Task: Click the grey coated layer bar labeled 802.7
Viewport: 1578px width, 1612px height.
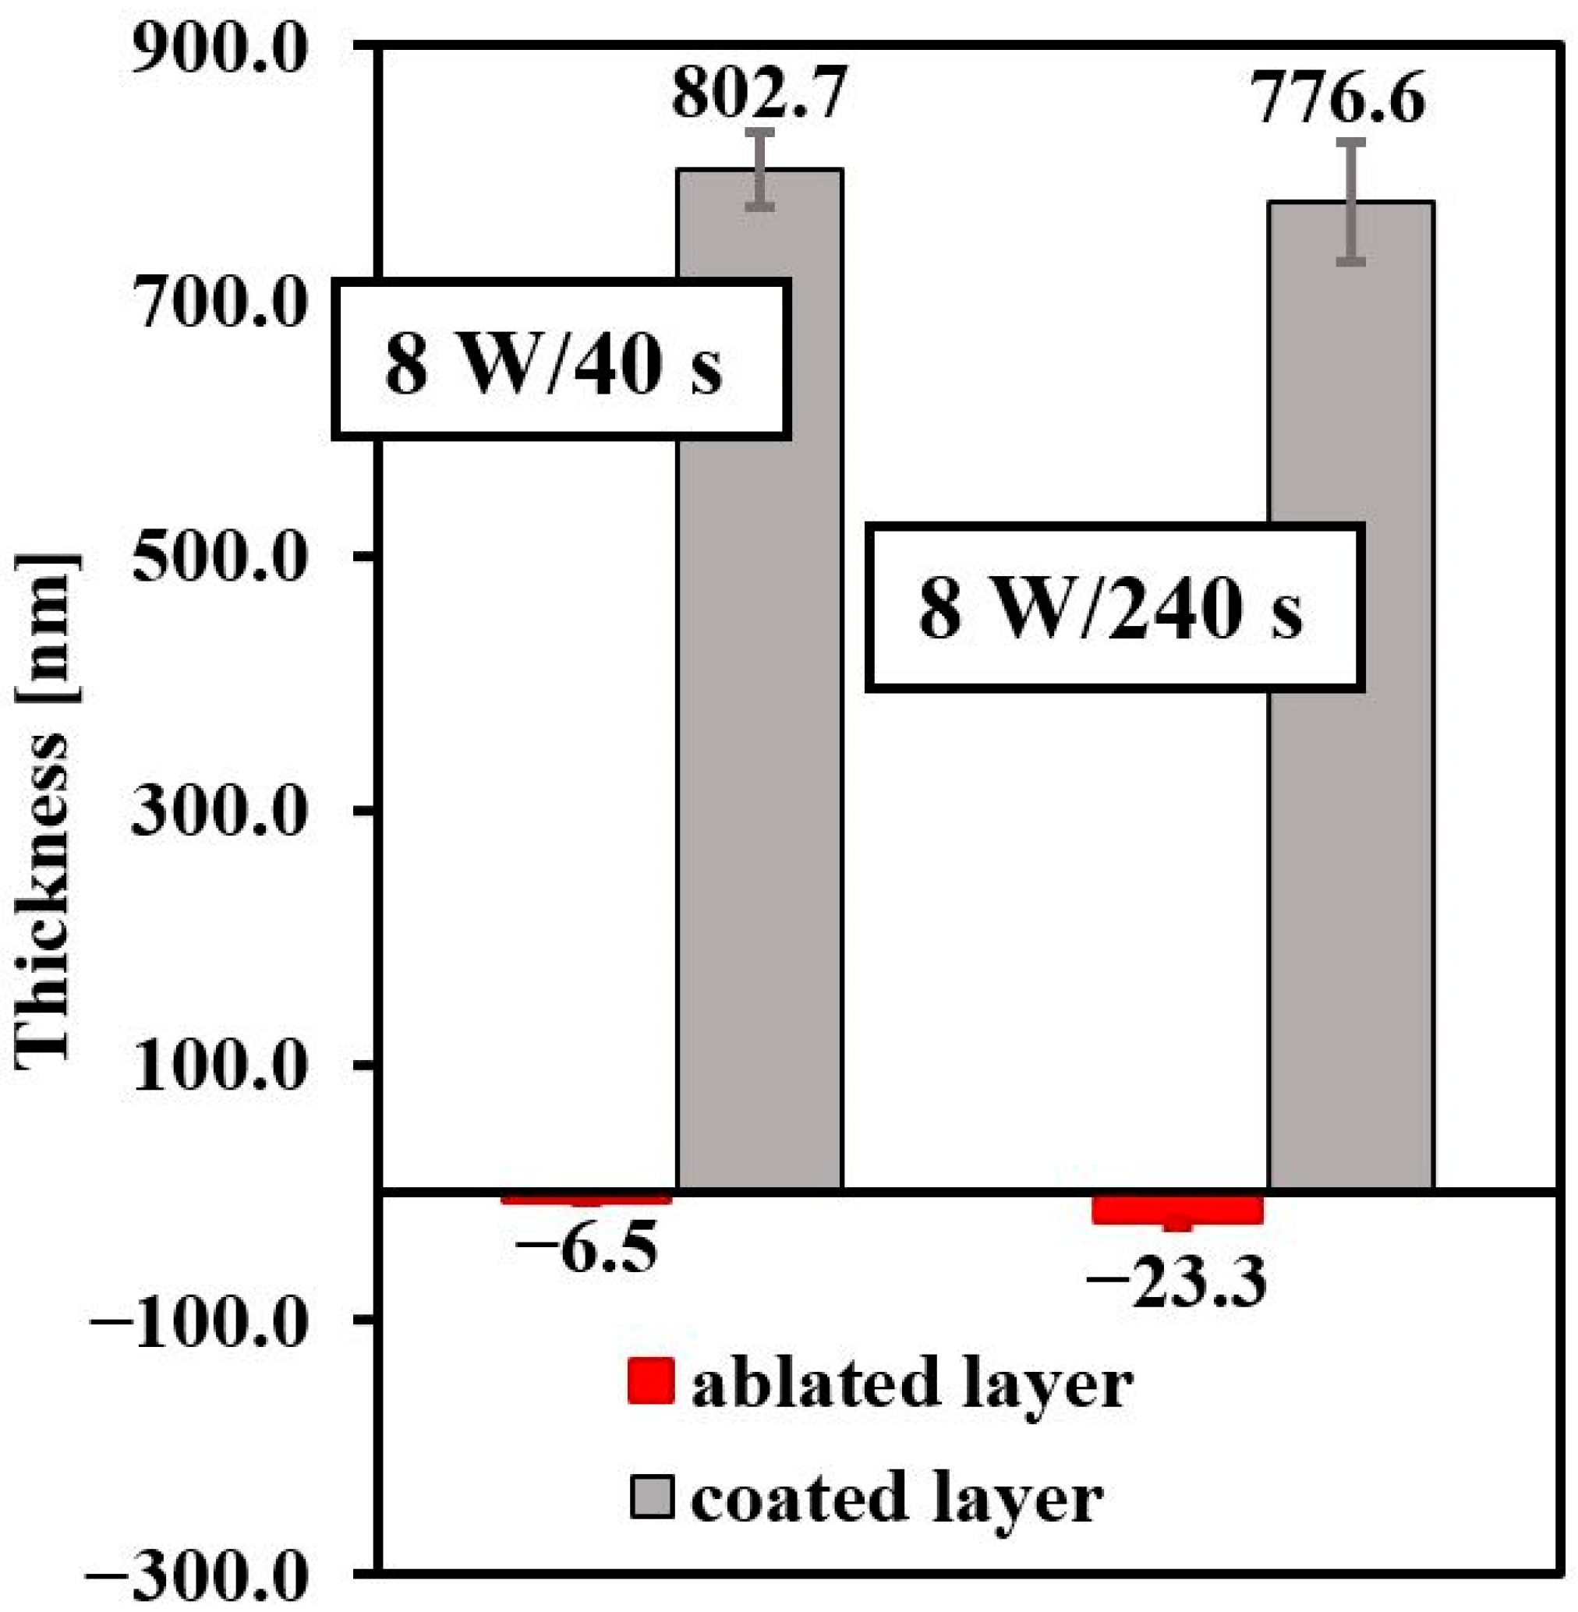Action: click(759, 746)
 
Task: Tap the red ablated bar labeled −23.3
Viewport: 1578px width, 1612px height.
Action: click(1176, 1209)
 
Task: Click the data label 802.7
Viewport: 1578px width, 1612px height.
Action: click(759, 93)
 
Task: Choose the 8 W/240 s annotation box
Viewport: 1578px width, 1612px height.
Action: click(1114, 608)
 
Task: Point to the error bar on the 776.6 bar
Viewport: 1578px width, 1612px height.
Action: click(1353, 202)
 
